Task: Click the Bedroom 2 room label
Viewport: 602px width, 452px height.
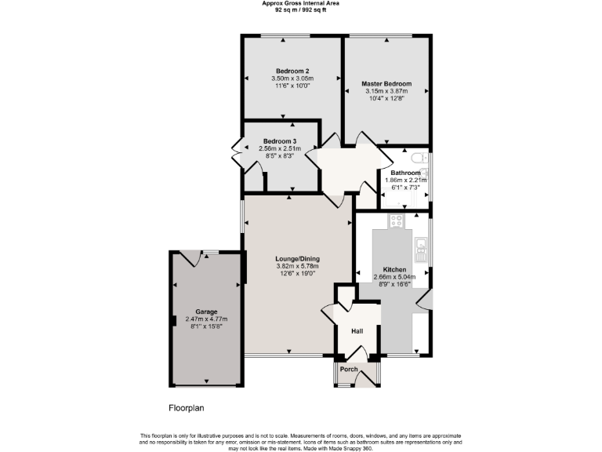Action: [x=292, y=71]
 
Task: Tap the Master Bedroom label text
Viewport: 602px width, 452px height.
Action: [x=386, y=83]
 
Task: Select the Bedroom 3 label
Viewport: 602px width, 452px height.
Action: [x=280, y=140]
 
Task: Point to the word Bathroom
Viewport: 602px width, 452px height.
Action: [x=405, y=173]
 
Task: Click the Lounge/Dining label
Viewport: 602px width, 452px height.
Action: [x=297, y=259]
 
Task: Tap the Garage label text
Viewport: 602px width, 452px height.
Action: [x=206, y=312]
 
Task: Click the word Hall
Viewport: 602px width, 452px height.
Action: [x=357, y=332]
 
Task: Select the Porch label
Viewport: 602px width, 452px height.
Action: [x=349, y=370]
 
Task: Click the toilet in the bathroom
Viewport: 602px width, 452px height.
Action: [x=422, y=159]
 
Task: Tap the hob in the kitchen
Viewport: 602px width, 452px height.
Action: [x=397, y=221]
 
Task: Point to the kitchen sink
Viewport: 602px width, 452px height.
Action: [x=421, y=250]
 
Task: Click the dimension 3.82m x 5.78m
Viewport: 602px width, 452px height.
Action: [x=297, y=267]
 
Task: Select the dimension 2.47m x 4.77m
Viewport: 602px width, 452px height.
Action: [x=206, y=319]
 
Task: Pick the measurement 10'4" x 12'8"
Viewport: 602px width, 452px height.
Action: [x=386, y=98]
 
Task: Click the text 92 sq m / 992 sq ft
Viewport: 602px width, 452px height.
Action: [x=300, y=9]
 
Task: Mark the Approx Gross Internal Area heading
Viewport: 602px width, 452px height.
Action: [x=300, y=3]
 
